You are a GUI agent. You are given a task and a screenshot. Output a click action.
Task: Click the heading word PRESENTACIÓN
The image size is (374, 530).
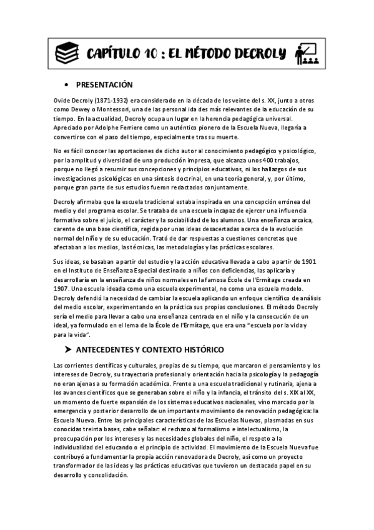(104, 84)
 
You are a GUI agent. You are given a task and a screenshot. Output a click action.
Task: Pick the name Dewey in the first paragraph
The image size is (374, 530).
(69, 109)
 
